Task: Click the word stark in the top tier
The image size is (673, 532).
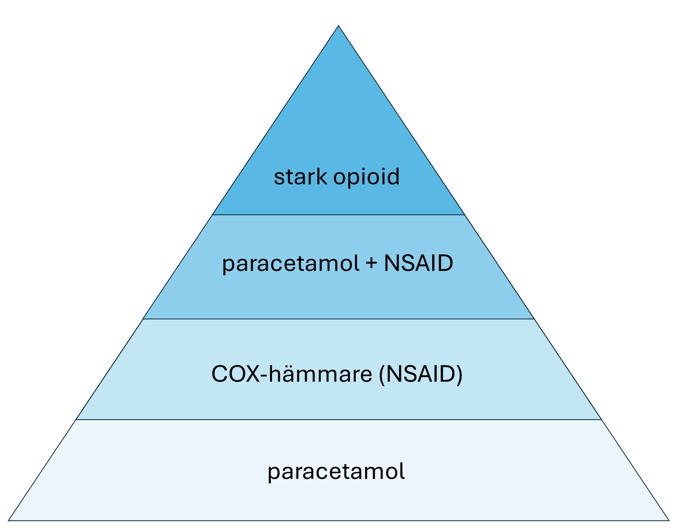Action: click(x=300, y=177)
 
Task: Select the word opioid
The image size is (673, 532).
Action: click(x=366, y=177)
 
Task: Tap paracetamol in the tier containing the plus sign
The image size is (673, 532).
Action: click(x=291, y=264)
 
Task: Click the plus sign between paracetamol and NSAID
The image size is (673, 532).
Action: click(x=371, y=264)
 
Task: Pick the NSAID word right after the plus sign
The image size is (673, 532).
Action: click(x=418, y=263)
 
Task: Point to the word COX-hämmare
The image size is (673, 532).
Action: click(x=292, y=374)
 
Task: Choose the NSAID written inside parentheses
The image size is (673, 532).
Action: click(x=420, y=374)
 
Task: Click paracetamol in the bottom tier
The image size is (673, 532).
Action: click(x=336, y=472)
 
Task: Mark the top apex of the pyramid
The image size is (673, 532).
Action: click(x=338, y=26)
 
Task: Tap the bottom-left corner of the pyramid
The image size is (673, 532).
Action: click(x=9, y=520)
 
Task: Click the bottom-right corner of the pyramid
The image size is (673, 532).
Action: click(x=669, y=520)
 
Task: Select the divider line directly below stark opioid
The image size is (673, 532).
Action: click(x=338, y=215)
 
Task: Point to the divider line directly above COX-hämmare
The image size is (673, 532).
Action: click(x=338, y=319)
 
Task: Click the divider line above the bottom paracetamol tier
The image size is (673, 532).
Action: click(x=338, y=420)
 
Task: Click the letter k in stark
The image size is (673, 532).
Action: click(x=322, y=177)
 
